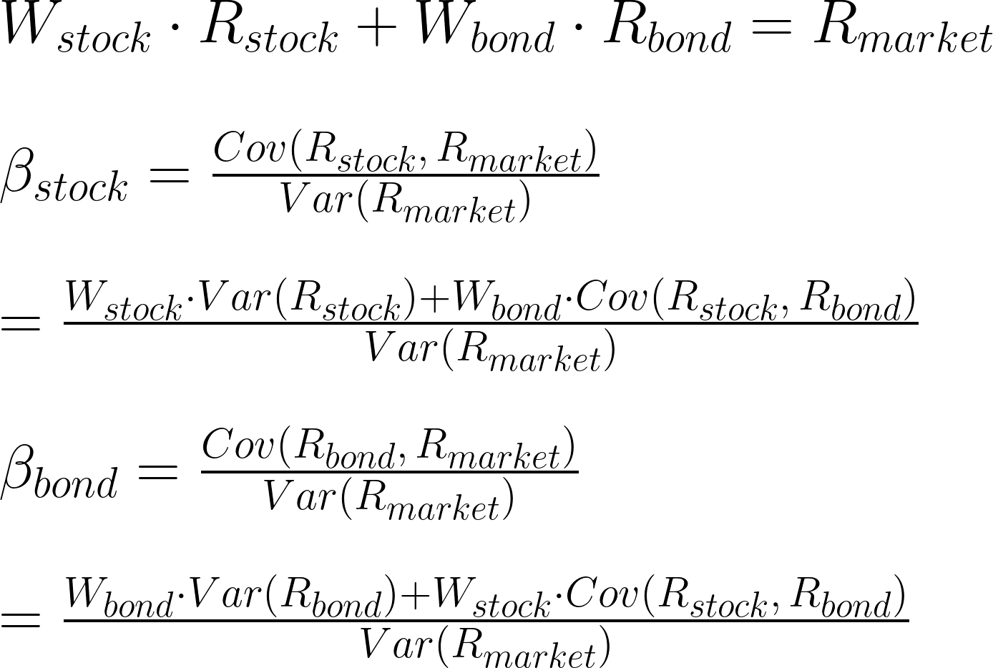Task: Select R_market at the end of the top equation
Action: click(903, 32)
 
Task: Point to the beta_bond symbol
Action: click(59, 474)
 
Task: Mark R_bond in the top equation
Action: click(667, 32)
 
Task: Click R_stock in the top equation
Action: click(268, 32)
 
